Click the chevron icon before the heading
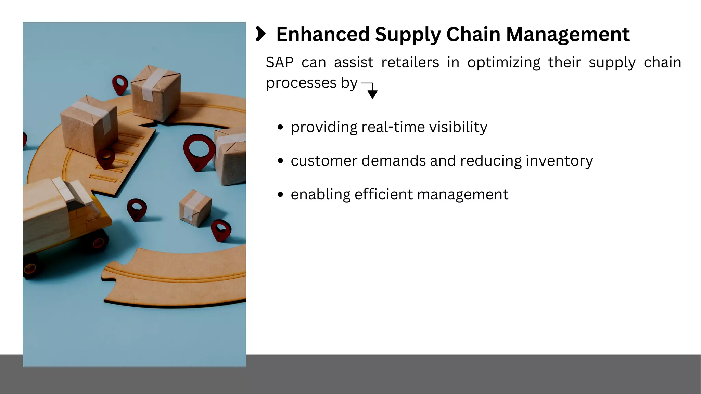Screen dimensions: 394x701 pos(260,34)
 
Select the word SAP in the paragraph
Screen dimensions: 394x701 pos(280,63)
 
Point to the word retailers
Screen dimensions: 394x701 pos(410,63)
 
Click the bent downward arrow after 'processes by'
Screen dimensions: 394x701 pos(371,90)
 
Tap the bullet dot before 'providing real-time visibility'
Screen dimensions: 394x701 pos(281,128)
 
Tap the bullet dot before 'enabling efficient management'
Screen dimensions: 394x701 pos(281,195)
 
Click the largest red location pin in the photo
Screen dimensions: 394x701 pos(199,150)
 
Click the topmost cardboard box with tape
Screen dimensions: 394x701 pos(156,92)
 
